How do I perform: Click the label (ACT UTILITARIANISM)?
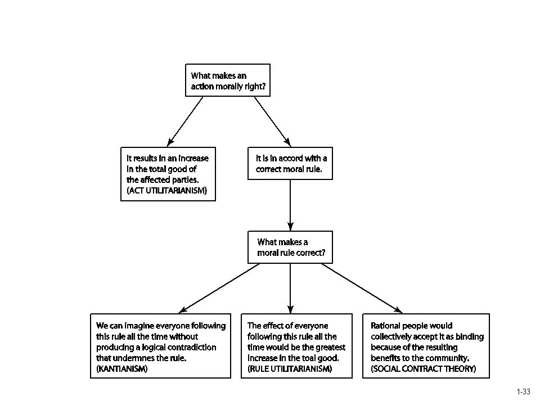[167, 191]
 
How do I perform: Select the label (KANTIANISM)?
[122, 369]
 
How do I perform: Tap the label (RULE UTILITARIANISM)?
[290, 369]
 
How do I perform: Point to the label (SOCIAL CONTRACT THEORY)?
[423, 369]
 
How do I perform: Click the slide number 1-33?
[524, 391]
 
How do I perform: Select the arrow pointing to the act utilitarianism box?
[185, 121]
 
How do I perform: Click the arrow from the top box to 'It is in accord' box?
[273, 121]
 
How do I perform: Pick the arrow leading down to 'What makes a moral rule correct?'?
[290, 205]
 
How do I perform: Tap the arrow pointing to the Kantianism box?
[219, 288]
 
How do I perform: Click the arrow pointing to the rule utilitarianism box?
[290, 288]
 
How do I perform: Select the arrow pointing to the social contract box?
[362, 288]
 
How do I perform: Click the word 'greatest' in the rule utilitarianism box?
[331, 347]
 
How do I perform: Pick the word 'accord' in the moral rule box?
[291, 159]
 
